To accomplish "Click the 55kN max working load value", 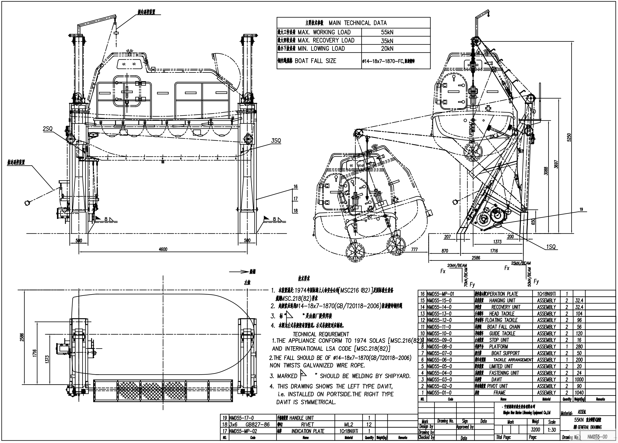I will [387, 32].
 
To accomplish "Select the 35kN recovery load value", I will [387, 41].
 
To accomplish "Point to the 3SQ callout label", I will [276, 141].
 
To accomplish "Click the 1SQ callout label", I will [550, 247].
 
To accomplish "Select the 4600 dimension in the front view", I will [163, 249].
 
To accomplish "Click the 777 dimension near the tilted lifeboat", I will [414, 249].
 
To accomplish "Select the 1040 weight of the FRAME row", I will [579, 393].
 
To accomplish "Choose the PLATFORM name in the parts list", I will [498, 347].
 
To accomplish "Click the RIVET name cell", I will [307, 425].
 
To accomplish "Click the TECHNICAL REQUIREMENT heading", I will [321, 334].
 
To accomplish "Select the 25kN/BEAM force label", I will [521, 263].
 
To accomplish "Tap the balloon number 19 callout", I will [581, 209].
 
